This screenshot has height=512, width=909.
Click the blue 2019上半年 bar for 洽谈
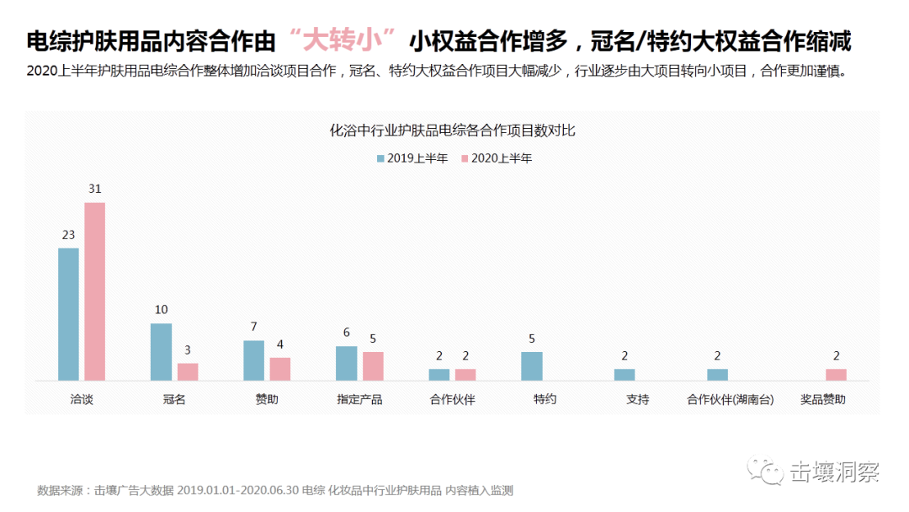tap(68, 314)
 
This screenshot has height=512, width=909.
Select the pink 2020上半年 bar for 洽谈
tap(95, 291)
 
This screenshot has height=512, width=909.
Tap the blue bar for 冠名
tap(161, 352)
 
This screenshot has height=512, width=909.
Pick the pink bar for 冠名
tap(188, 371)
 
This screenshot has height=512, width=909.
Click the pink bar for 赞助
tap(280, 369)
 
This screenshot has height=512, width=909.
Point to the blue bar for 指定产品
tap(346, 363)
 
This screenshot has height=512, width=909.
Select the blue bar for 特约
tap(532, 366)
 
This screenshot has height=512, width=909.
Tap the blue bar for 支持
tap(625, 375)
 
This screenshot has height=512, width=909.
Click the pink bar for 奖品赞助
tap(836, 375)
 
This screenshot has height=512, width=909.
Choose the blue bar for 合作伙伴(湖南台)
tap(717, 375)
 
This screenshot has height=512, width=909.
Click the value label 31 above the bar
tap(95, 189)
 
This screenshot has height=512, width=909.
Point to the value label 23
tap(68, 234)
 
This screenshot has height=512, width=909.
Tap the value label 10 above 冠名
tap(161, 310)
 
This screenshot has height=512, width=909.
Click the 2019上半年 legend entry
tap(412, 158)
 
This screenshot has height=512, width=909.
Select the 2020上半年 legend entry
tap(497, 158)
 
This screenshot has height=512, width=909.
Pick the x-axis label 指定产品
tap(359, 400)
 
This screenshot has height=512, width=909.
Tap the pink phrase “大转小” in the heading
tap(341, 40)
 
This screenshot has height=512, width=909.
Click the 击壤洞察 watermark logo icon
tap(767, 472)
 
